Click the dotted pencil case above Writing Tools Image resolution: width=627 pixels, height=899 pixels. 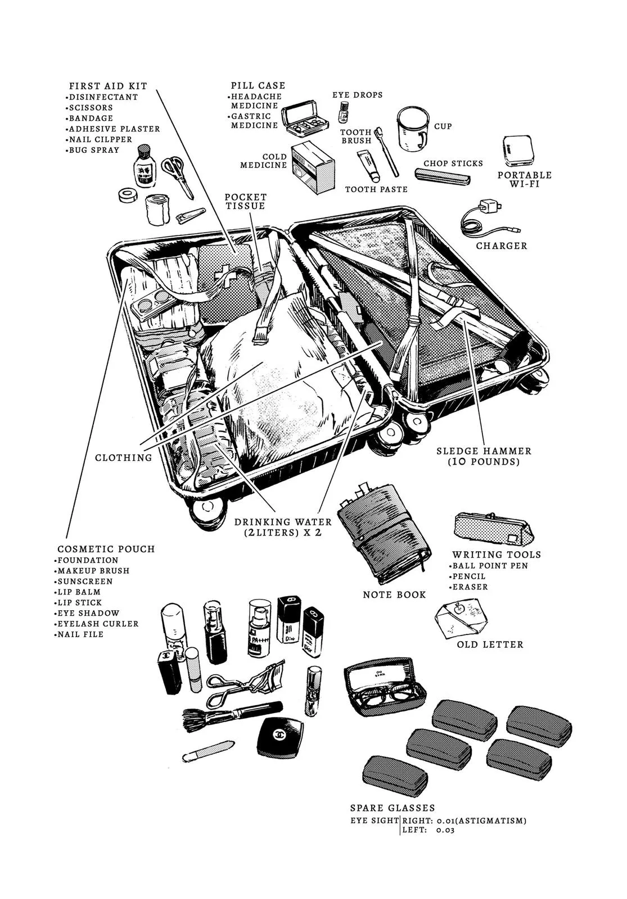pyautogui.click(x=492, y=529)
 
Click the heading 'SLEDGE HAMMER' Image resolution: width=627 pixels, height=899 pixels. pyautogui.click(x=484, y=451)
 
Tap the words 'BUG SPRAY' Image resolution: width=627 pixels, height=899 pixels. pyautogui.click(x=93, y=150)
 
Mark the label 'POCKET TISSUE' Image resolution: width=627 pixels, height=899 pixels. pyautogui.click(x=246, y=202)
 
